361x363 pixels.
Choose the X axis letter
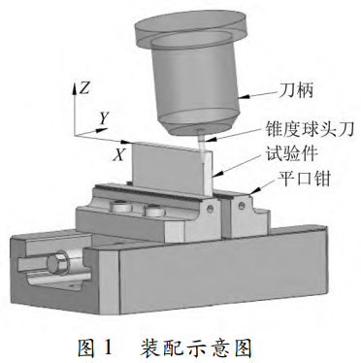pos(118,153)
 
